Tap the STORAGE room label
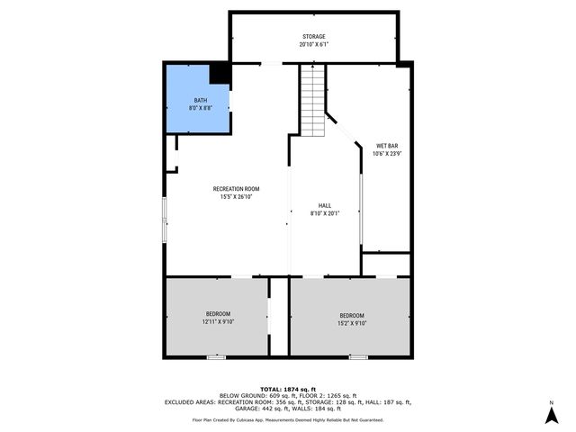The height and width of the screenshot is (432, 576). click(x=314, y=37)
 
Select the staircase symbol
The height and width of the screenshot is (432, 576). click(x=311, y=99)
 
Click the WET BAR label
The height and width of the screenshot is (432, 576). click(x=387, y=145)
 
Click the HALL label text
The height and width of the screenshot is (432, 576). click(x=325, y=205)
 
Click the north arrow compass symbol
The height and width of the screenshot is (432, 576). click(x=552, y=415)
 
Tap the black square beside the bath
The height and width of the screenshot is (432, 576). click(x=220, y=74)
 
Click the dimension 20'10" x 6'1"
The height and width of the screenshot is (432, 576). click(x=314, y=44)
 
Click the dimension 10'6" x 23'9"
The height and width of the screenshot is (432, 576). click(x=387, y=153)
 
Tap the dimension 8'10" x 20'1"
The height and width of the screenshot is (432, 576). click(x=325, y=213)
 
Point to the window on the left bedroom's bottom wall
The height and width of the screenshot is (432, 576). click(x=216, y=357)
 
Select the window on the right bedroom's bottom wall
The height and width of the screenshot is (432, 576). click(x=358, y=357)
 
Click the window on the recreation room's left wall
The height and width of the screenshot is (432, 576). click(x=164, y=220)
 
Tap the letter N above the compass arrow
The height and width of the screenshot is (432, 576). click(x=552, y=401)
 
